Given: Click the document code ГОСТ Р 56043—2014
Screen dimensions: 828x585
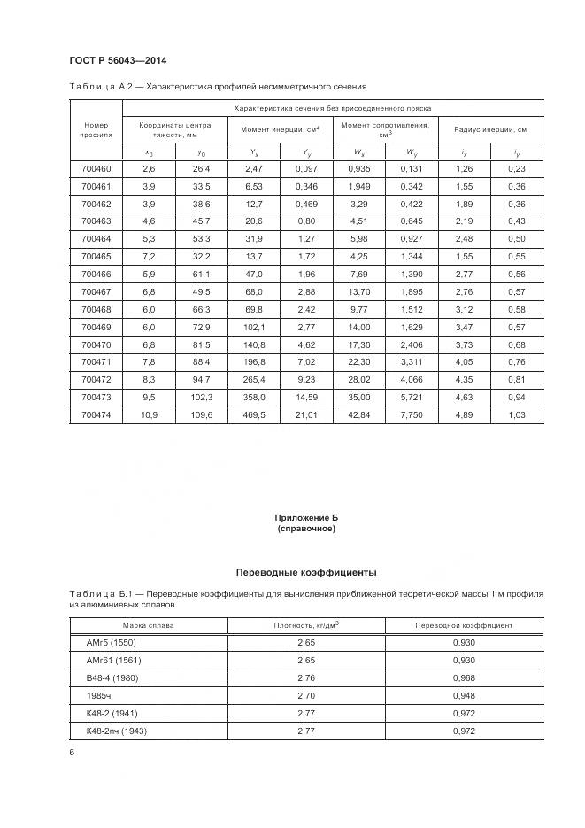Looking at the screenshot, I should tap(118, 60).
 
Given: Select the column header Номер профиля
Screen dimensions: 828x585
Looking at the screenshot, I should tap(96, 130).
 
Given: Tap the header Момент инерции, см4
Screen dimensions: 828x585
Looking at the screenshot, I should tap(280, 130).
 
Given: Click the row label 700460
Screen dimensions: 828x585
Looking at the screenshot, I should tap(96, 168).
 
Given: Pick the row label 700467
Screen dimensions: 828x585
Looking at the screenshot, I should tap(96, 291).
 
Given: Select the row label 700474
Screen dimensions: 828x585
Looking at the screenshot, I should tap(96, 414).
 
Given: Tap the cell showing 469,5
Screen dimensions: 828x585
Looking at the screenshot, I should tap(254, 414).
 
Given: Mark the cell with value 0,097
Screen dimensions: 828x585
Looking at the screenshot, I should tap(306, 168).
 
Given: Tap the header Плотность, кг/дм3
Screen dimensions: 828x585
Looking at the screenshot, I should tap(306, 624).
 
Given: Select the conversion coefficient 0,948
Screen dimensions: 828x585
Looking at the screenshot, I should tap(464, 695).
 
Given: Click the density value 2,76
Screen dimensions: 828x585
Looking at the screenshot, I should tap(306, 677).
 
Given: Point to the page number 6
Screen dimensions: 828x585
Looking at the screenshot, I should tap(72, 753).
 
